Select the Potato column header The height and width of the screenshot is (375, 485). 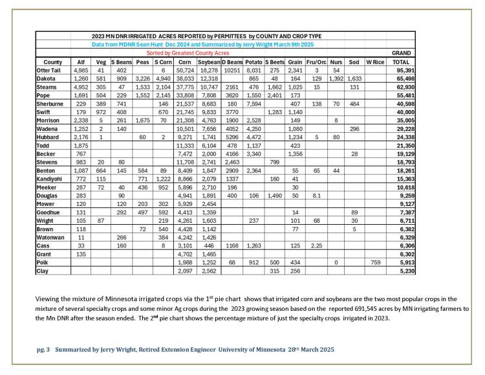coord(254,62)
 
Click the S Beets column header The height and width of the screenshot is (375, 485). coord(275,62)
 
